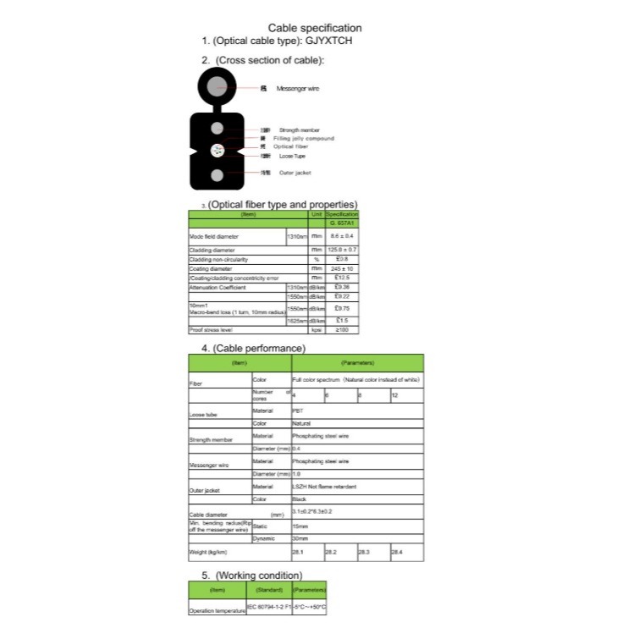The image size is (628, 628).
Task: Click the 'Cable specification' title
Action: (314, 28)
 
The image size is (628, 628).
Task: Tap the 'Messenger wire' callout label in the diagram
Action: (297, 88)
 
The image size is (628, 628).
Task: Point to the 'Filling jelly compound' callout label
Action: (303, 138)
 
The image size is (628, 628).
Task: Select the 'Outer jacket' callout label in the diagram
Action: (295, 173)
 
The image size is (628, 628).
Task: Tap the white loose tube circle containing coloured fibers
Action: (218, 151)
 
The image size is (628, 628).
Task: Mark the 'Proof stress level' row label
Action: (211, 329)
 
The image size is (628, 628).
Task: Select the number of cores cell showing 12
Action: (394, 395)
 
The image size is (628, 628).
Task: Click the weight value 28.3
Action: (365, 552)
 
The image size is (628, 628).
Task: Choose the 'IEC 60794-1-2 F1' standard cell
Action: (267, 608)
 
